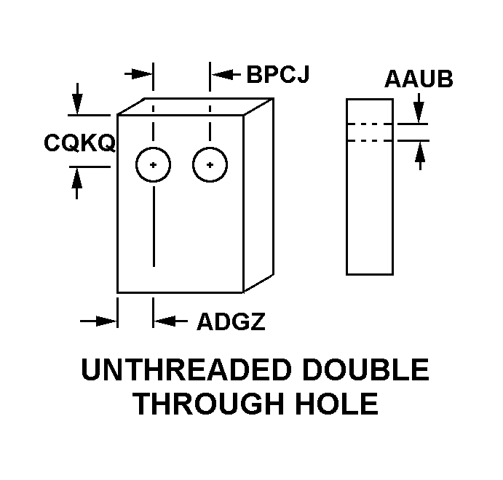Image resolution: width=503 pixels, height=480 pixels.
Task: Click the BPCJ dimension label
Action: coord(278,74)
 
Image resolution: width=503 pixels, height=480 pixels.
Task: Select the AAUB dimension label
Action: coord(419,79)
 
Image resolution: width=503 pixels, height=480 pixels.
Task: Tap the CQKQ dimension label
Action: coord(79,143)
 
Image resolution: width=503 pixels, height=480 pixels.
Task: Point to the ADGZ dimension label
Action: coord(231,321)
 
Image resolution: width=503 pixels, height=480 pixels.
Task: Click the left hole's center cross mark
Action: coord(154,165)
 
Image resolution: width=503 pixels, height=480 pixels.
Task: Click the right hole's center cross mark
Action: coord(210,165)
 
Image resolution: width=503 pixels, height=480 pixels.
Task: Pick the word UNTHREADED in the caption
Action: coord(186,369)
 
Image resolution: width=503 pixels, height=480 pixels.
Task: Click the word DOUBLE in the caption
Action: coord(365,369)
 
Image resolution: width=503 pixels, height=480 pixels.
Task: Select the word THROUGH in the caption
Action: coord(208,404)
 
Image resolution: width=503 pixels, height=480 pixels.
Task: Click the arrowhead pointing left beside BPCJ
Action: coord(221,74)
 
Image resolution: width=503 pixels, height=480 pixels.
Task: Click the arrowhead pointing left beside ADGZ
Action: coord(165,321)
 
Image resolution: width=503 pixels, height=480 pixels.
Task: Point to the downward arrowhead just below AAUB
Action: coord(419,112)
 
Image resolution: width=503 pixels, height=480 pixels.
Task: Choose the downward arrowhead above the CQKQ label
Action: coord(77,104)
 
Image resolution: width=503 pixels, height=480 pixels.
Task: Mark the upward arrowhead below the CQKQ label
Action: coord(76,178)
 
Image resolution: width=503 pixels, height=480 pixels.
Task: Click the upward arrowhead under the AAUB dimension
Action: coord(420,151)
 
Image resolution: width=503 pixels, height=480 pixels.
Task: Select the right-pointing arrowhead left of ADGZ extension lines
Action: coord(107,321)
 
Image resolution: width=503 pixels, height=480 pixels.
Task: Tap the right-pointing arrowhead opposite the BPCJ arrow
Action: coord(142,74)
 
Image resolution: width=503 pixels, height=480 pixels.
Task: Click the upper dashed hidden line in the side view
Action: coord(370,124)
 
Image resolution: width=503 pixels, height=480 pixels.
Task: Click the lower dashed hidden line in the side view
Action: coord(370,140)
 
